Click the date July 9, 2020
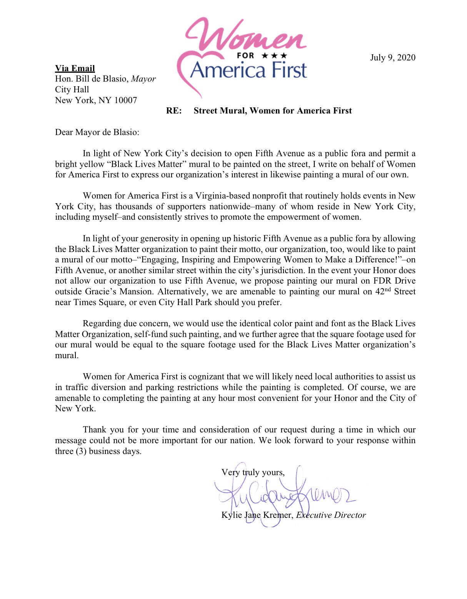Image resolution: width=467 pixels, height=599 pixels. tap(392, 57)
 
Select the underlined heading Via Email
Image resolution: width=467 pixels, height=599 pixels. tap(75, 68)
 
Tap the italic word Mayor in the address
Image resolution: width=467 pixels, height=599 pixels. tap(143, 79)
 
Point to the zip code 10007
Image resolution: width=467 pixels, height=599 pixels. tap(125, 100)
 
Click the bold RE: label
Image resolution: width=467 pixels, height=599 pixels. tap(174, 111)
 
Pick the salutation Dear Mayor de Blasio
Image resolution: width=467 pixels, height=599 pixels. tap(97, 132)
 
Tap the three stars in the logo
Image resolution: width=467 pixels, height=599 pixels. tap(274, 56)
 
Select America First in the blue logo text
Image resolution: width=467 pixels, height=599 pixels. tap(249, 70)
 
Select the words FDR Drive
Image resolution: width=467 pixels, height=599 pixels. tap(397, 281)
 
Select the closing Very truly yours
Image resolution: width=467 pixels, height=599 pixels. tap(253, 472)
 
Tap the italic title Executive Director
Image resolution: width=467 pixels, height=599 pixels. tap(331, 515)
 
